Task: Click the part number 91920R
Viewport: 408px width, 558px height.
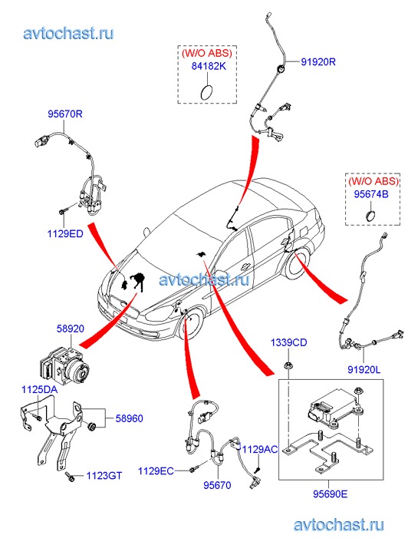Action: coord(318,62)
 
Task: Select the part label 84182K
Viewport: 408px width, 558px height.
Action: coord(209,66)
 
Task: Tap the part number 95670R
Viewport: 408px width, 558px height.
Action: coord(65,114)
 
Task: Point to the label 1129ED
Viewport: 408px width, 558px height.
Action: coord(65,234)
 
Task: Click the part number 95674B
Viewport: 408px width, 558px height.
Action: coord(371,194)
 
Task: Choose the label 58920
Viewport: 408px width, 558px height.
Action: coord(71,329)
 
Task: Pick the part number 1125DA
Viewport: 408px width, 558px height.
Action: coord(39,389)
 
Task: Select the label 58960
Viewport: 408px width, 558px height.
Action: coord(129,418)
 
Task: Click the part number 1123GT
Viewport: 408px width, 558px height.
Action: coord(104,476)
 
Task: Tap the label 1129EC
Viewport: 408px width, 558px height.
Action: coord(156,471)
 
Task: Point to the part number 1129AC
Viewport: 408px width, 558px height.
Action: coord(260,450)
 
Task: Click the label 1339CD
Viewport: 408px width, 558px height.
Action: coord(288,342)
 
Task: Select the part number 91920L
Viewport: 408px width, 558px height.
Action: coord(364,370)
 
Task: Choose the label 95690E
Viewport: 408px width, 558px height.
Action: coord(331,494)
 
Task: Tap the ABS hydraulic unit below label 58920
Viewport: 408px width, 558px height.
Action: coord(64,366)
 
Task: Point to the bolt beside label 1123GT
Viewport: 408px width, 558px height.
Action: coord(70,477)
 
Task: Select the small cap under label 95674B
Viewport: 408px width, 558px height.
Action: coord(370,216)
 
